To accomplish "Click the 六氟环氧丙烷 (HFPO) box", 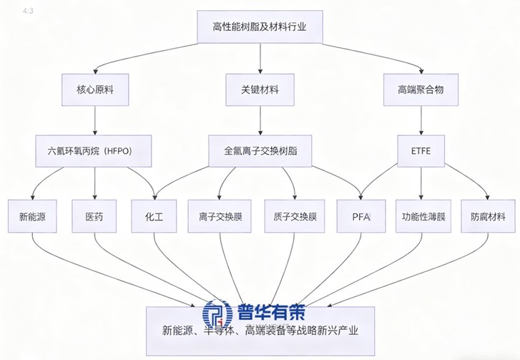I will pos(95,151).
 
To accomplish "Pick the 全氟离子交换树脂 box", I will pos(260,151).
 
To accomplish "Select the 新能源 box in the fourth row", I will pos(29,214).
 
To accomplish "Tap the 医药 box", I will pos(94,214).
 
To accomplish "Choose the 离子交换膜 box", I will pos(219,214).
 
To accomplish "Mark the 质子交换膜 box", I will pos(295,214).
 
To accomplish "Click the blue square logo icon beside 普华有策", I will pos(217,311).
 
